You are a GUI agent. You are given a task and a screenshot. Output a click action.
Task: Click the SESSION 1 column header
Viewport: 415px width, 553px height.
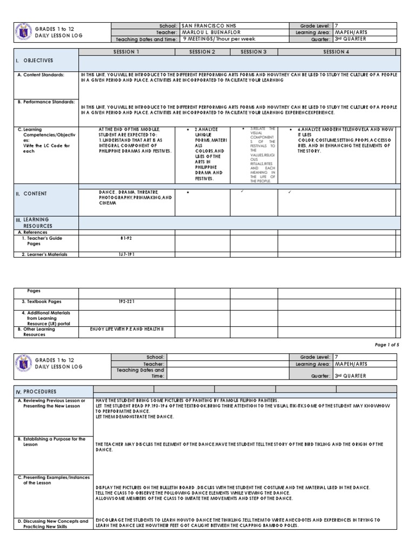(126, 52)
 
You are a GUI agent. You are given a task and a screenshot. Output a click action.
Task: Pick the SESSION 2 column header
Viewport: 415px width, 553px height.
(203, 52)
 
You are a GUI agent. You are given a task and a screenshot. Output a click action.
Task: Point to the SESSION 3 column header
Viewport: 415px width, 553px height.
(254, 52)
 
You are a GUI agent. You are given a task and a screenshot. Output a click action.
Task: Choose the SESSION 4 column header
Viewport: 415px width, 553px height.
(336, 52)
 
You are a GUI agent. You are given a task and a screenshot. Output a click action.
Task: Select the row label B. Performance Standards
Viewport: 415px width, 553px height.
(45, 102)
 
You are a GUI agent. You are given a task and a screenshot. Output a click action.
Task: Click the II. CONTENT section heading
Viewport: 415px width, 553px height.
(33, 193)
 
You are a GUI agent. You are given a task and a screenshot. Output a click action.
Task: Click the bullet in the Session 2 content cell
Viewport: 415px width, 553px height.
(187, 192)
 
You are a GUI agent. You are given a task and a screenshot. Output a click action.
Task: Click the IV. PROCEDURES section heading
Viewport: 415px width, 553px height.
(37, 391)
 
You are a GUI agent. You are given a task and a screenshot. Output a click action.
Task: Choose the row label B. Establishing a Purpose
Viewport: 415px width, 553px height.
(51, 442)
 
